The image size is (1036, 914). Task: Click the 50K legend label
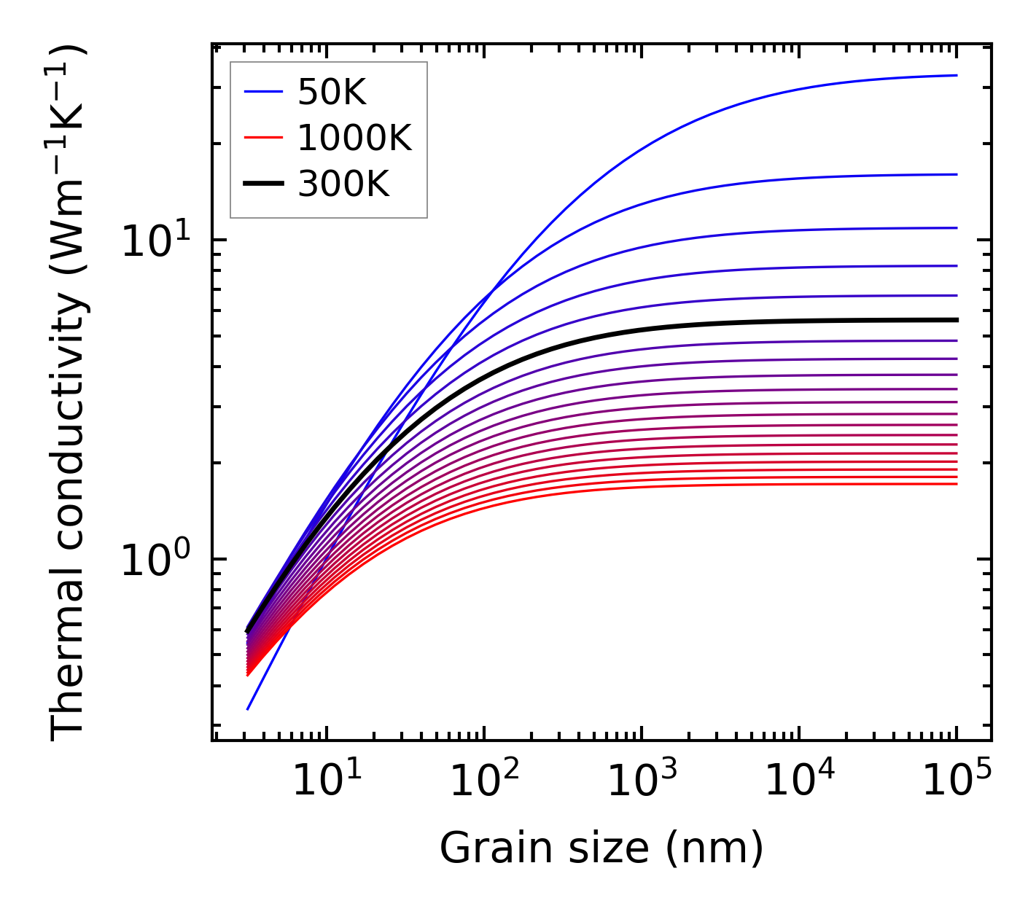click(x=332, y=92)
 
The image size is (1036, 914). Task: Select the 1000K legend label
click(x=355, y=138)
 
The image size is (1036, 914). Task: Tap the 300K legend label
click(x=344, y=184)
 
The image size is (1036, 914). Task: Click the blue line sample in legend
click(x=262, y=92)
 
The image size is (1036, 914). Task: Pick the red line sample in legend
click(x=262, y=138)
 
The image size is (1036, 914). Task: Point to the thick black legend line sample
click(x=262, y=184)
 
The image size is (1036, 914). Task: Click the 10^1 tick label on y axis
click(x=154, y=241)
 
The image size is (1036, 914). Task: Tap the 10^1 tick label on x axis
click(x=326, y=781)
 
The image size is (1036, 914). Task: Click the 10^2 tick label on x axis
click(x=483, y=781)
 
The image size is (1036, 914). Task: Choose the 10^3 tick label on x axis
click(x=641, y=781)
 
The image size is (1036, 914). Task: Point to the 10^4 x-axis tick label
click(x=798, y=781)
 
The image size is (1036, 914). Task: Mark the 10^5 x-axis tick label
click(x=956, y=781)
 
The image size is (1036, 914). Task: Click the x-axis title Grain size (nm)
click(x=601, y=848)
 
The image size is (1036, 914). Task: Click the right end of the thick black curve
click(x=956, y=320)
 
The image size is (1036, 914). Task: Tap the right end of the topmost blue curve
click(x=956, y=75)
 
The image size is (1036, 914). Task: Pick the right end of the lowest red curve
click(x=956, y=484)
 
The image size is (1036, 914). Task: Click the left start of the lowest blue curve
click(x=248, y=708)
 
